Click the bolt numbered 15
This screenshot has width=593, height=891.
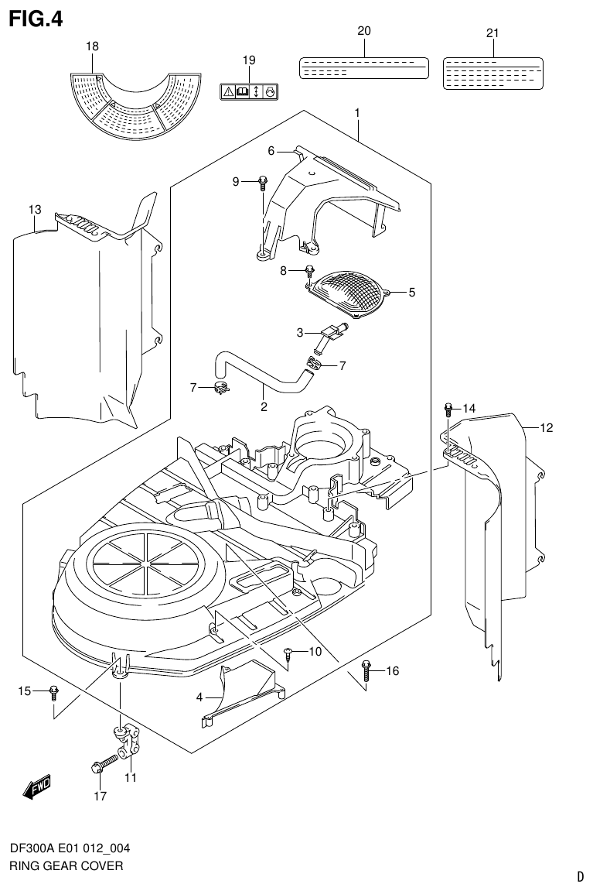point(53,691)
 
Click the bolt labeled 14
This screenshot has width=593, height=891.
point(448,408)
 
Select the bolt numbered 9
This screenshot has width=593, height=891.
point(263,183)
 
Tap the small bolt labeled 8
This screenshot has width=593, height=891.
point(309,272)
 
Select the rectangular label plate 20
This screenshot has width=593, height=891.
point(363,67)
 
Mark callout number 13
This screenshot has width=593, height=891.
point(34,210)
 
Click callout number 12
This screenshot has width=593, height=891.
point(547,427)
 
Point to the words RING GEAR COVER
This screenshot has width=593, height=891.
point(66,866)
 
